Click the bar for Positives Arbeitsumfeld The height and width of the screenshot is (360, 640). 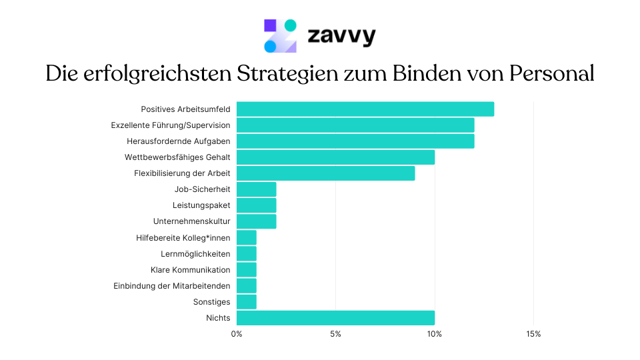pyautogui.click(x=365, y=109)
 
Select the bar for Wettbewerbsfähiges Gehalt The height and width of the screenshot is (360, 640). pyautogui.click(x=335, y=157)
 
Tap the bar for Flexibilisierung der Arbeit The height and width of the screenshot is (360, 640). pyautogui.click(x=325, y=173)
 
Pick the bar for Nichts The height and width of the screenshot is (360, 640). pyautogui.click(x=335, y=318)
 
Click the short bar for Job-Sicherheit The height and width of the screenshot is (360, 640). pyautogui.click(x=256, y=189)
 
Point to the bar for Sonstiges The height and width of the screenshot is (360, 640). pyautogui.click(x=247, y=302)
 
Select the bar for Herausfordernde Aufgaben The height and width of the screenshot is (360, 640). pyautogui.click(x=355, y=141)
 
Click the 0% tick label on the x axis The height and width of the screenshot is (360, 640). pyautogui.click(x=237, y=334)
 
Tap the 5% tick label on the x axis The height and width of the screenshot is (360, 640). pyautogui.click(x=335, y=334)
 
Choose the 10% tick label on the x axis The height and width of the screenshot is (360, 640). pyautogui.click(x=435, y=334)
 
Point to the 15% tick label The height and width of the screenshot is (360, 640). pyautogui.click(x=533, y=334)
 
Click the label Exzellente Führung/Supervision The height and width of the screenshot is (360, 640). pyautogui.click(x=171, y=125)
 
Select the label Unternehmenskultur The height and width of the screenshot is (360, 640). pyautogui.click(x=191, y=221)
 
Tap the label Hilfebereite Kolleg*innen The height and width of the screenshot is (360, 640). pyautogui.click(x=183, y=237)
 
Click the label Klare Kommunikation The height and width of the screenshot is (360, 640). pyautogui.click(x=191, y=270)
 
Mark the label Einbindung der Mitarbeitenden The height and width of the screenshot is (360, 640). pyautogui.click(x=172, y=286)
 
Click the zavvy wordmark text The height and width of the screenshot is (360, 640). pyautogui.click(x=341, y=35)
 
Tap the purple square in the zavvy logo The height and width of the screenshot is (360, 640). pyautogui.click(x=270, y=26)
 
